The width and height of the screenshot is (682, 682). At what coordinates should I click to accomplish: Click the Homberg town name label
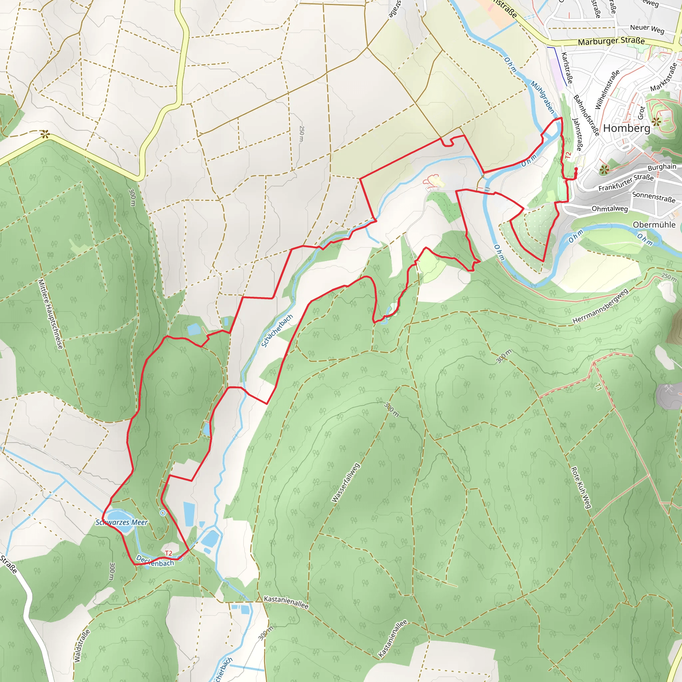(626, 128)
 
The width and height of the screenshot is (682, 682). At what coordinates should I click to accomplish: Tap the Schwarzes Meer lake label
(122, 522)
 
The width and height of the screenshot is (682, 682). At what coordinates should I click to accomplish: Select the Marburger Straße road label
(611, 41)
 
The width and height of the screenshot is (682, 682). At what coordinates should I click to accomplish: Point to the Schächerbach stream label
(277, 331)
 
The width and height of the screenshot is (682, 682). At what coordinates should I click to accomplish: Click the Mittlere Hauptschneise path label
(51, 314)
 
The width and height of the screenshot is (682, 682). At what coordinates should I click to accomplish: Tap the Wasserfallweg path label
(346, 483)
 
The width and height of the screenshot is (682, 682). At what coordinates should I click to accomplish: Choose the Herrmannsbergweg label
(600, 306)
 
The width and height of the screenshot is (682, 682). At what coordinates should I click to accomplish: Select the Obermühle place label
(654, 225)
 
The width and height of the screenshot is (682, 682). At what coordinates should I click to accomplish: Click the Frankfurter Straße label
(626, 182)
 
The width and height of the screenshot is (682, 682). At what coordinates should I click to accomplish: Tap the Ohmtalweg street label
(610, 208)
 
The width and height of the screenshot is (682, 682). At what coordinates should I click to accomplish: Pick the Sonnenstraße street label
(654, 197)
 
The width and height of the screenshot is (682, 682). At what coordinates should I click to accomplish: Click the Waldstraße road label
(82, 646)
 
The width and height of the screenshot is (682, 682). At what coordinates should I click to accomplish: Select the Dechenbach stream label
(155, 561)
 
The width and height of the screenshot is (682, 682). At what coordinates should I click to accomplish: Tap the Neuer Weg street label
(647, 29)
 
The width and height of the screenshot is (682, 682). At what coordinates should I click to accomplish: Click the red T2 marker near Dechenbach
(169, 553)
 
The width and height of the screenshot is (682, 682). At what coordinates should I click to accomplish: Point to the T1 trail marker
(598, 387)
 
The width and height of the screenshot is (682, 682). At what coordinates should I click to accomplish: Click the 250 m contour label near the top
(301, 134)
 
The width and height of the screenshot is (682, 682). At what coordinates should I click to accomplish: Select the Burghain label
(662, 167)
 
